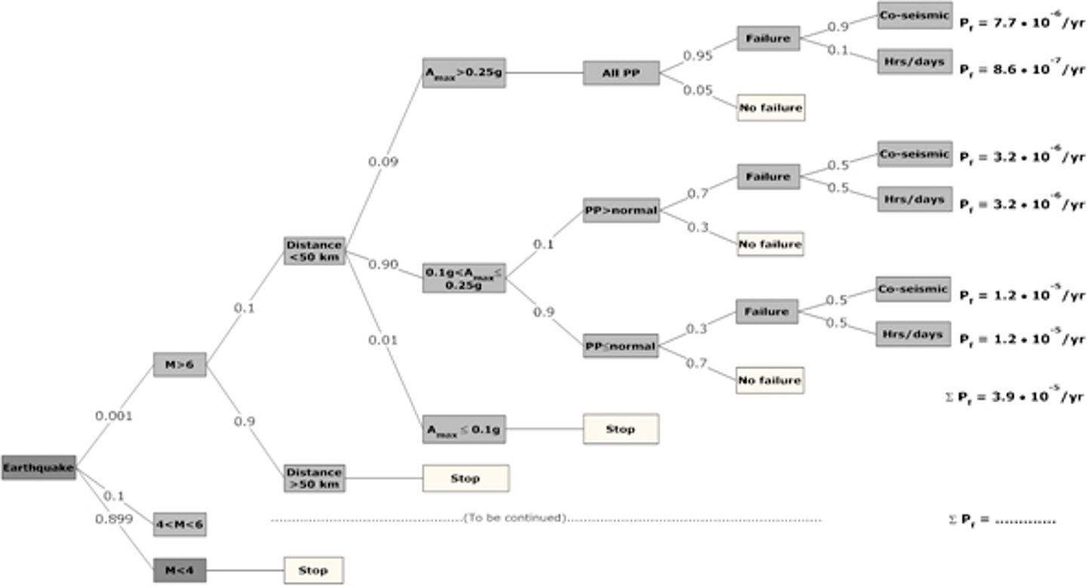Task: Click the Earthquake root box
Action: click(38, 468)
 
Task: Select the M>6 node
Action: click(180, 365)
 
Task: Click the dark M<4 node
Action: click(180, 570)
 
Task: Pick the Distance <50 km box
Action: click(315, 251)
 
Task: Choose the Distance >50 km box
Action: click(315, 479)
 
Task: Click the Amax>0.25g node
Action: click(463, 73)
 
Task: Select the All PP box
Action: click(621, 73)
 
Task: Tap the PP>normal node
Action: click(621, 210)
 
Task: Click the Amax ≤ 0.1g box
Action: click(463, 430)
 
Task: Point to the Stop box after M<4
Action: click(313, 570)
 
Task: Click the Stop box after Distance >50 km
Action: click(466, 479)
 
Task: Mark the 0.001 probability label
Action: click(114, 415)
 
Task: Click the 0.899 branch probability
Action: click(114, 519)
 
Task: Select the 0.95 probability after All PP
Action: click(697, 55)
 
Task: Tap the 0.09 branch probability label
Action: click(383, 162)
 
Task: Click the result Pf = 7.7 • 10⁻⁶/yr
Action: click(1022, 23)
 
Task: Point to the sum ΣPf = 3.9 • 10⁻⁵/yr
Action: click(1015, 396)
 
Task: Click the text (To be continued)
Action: click(515, 518)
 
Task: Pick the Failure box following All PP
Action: click(768, 38)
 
